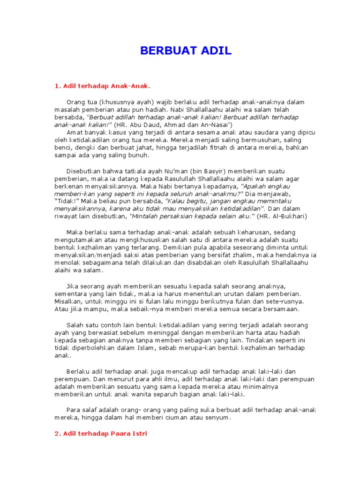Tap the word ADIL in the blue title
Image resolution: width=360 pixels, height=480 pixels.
[214, 51]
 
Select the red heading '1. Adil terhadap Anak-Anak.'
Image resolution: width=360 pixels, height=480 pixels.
[103, 86]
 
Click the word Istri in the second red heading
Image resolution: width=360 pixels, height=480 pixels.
[139, 434]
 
